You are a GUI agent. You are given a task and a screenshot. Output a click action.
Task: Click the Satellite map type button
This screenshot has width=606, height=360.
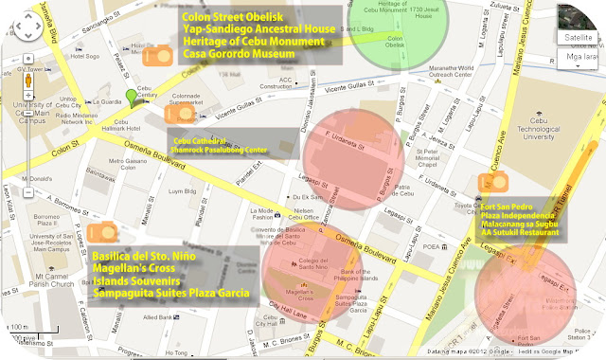pos(579,38)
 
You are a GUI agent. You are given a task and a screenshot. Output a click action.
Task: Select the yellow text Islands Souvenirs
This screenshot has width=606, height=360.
pos(135,282)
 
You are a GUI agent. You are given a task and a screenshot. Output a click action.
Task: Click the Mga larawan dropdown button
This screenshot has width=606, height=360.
pos(579,56)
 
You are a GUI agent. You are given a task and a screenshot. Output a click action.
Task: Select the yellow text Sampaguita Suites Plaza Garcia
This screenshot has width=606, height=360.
pos(171,296)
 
